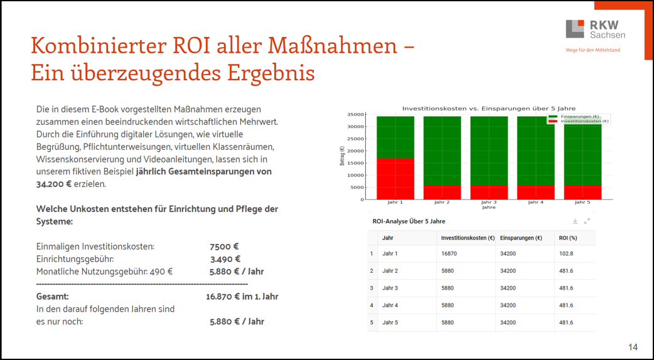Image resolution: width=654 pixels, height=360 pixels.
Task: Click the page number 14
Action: (x=632, y=347)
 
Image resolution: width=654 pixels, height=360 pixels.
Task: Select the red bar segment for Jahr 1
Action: (x=395, y=179)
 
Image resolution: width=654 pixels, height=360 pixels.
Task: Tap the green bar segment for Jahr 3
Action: (x=489, y=151)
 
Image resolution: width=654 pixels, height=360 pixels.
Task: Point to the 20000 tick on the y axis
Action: (x=356, y=151)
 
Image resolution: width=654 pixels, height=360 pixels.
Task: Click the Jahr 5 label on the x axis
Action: (x=582, y=203)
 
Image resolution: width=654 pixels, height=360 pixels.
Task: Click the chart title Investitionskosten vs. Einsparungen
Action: (x=489, y=108)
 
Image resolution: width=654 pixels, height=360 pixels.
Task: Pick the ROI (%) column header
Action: (x=568, y=238)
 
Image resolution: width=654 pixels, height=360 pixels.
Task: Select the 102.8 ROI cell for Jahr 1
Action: (x=566, y=254)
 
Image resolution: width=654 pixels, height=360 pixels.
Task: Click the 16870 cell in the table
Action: (x=449, y=254)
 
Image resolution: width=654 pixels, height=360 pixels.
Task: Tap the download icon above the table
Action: (x=575, y=221)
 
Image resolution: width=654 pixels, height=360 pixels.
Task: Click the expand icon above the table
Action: (x=587, y=221)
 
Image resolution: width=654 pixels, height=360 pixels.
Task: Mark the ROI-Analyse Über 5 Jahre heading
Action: (x=409, y=221)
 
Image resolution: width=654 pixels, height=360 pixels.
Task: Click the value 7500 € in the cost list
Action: (x=224, y=246)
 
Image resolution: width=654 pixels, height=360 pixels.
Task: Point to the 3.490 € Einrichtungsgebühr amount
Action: (x=225, y=259)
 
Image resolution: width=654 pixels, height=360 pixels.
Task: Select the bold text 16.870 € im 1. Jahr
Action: (x=242, y=296)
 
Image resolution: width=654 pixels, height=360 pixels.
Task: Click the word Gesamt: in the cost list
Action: (x=52, y=296)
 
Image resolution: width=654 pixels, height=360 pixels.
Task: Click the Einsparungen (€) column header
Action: (x=521, y=238)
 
